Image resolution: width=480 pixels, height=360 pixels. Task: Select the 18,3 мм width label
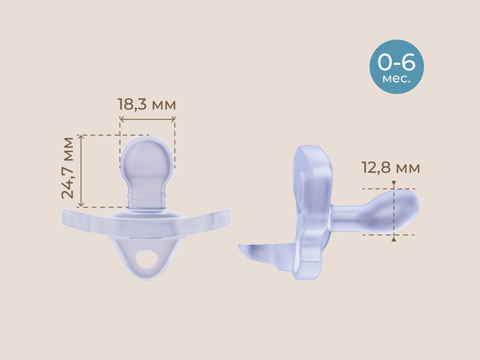146,104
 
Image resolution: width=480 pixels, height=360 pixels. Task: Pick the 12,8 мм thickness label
390,168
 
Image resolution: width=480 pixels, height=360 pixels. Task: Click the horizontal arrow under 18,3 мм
146,121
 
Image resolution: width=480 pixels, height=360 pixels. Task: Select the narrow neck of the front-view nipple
146,194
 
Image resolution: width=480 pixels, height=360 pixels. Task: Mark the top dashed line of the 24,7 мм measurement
100,135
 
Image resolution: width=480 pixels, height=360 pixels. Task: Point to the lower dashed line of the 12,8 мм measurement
384,235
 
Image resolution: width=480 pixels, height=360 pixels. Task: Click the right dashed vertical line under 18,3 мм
174,132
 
